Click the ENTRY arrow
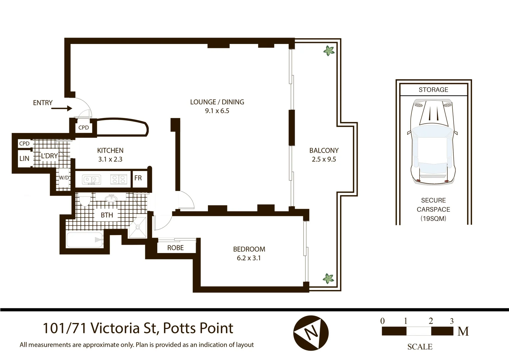pyautogui.click(x=62, y=108)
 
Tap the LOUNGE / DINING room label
pyautogui.click(x=217, y=102)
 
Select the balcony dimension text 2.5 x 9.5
pyautogui.click(x=324, y=159)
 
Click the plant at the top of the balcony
pyautogui.click(x=329, y=51)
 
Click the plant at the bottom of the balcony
pyautogui.click(x=328, y=278)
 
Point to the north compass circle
pyautogui.click(x=311, y=333)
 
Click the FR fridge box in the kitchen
pyautogui.click(x=138, y=178)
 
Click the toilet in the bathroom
pyautogui.click(x=85, y=201)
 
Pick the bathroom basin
pyautogui.click(x=111, y=199)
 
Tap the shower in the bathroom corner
pyautogui.click(x=137, y=228)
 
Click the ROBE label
pyautogui.click(x=175, y=248)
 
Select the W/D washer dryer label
pyautogui.click(x=64, y=178)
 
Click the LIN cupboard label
pyautogui.click(x=24, y=159)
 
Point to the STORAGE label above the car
pyautogui.click(x=433, y=90)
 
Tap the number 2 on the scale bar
pyautogui.click(x=431, y=321)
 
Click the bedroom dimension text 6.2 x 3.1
pyautogui.click(x=249, y=258)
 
